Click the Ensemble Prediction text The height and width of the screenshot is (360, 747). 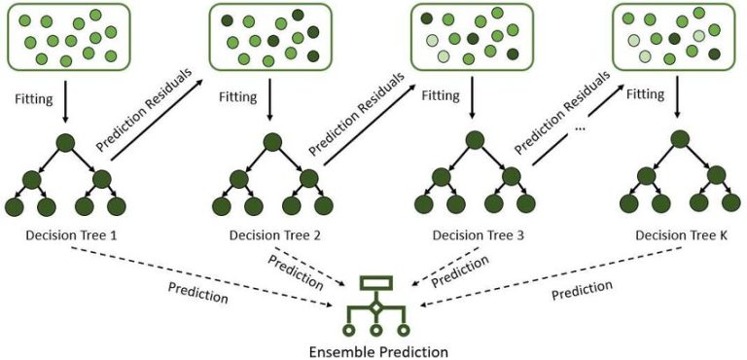pos(375,349)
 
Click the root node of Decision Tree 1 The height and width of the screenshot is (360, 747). pos(65,144)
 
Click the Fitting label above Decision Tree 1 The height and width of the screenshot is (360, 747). pos(33,98)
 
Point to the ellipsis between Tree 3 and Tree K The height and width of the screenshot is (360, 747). pos(581,126)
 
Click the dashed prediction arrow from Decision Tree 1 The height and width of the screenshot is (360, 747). pos(195,272)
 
